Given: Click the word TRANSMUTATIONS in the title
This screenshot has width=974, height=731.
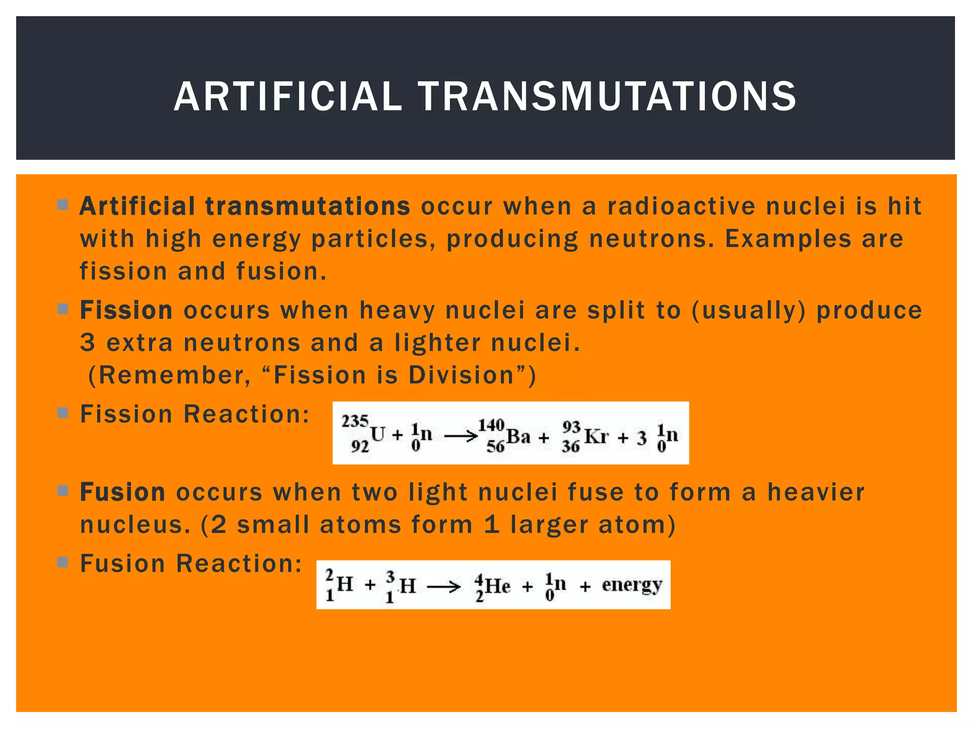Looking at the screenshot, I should coord(607,97).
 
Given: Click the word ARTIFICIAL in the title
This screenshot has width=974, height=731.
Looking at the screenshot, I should coord(288,97).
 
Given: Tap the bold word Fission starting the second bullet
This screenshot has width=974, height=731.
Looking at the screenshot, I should coord(126,310).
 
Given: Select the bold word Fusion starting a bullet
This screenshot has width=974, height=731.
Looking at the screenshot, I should coord(123,492).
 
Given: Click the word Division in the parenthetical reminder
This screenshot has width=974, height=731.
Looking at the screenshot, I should coord(462,375).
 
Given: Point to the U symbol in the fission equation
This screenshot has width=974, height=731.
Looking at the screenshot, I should coord(378,434).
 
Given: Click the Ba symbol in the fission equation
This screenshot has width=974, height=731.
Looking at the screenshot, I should coord(518,436).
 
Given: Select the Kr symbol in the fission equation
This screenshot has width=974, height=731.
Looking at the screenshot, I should coord(596,436).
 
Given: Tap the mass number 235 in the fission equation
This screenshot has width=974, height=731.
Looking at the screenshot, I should coord(355,421).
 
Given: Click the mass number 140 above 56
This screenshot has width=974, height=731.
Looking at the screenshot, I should coord(491,425).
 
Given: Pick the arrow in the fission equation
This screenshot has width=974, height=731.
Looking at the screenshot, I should coord(461,436).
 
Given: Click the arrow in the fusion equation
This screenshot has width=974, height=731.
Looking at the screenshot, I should coord(444,587).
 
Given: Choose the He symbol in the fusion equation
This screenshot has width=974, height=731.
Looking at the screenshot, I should coord(497,586).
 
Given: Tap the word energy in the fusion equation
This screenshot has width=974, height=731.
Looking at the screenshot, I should coord(632,585).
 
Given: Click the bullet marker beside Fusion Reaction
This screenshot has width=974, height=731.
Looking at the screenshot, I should coord(62,563).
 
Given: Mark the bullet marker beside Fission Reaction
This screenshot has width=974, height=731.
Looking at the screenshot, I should coord(62,413).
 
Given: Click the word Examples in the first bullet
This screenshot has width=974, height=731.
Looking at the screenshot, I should coord(788,239).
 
